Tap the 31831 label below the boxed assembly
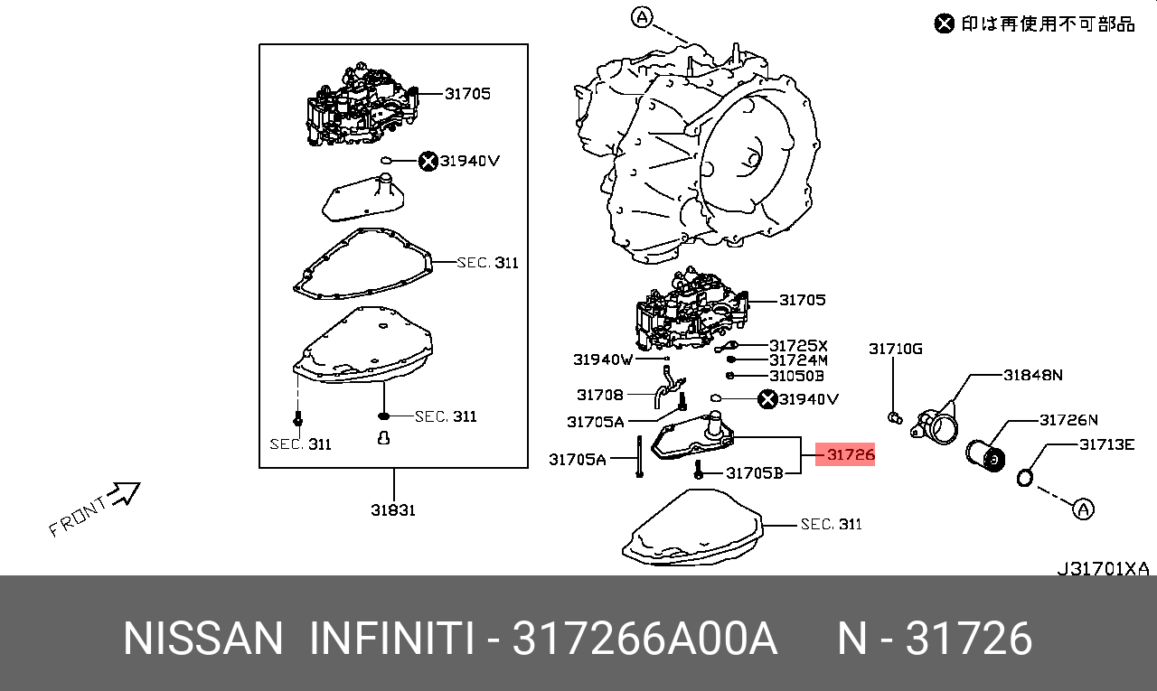[393, 510]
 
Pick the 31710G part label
[896, 349]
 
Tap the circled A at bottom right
[1083, 509]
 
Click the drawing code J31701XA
[1103, 569]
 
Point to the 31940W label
[603, 360]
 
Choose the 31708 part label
[600, 395]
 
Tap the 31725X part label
[798, 346]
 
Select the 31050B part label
[796, 376]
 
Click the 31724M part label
[798, 360]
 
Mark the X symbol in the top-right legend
[945, 23]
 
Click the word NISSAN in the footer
[203, 640]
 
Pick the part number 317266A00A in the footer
[644, 640]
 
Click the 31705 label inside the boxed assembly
[467, 93]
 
